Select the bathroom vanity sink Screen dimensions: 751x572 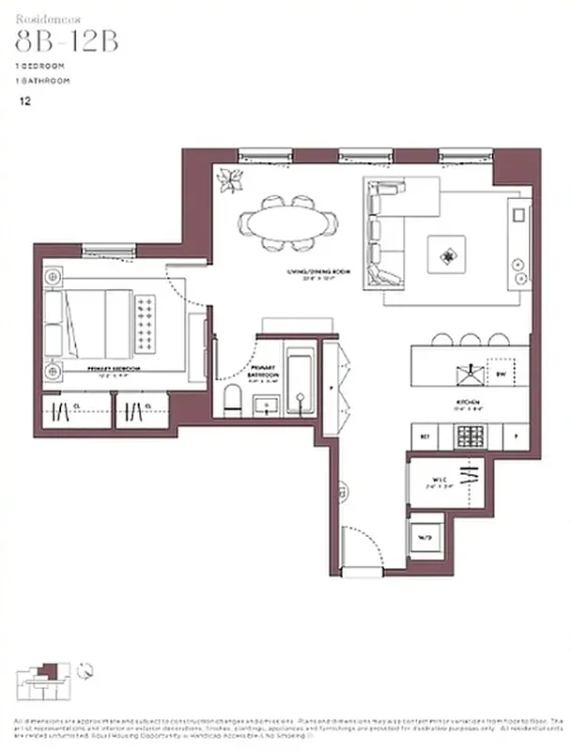266,405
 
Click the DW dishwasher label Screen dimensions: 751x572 502,373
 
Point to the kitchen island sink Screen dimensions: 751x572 466,374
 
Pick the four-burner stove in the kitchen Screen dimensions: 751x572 467,436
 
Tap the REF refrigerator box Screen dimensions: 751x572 425,437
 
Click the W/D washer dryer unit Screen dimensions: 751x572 425,537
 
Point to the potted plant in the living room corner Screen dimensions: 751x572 231,178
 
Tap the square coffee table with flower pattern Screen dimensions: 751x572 445,253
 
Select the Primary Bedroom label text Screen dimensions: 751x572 115,369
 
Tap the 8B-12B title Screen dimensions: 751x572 67,43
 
